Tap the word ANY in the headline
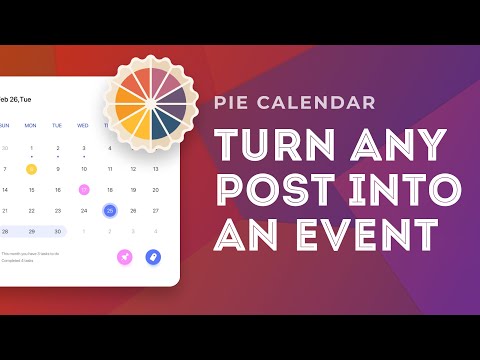(x=386, y=146)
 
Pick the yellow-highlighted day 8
(x=31, y=168)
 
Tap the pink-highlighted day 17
(x=83, y=189)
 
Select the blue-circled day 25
(x=110, y=211)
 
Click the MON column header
(x=31, y=125)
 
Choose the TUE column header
(x=57, y=125)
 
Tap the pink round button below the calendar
(x=125, y=257)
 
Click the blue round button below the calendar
(x=153, y=257)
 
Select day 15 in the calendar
(x=31, y=189)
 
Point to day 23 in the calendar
(x=57, y=211)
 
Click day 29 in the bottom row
(x=31, y=231)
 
